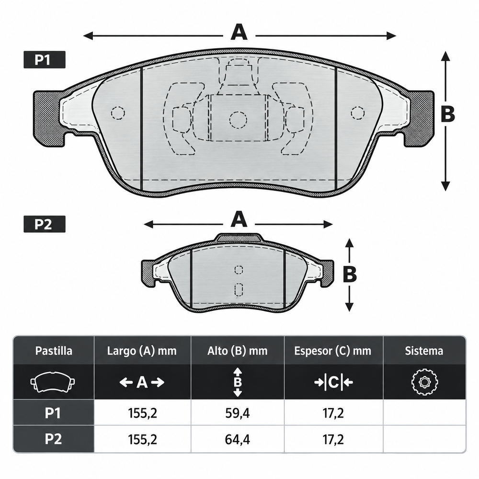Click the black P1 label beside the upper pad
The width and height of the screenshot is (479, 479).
[x=44, y=59]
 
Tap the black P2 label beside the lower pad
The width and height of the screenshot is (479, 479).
[x=44, y=224]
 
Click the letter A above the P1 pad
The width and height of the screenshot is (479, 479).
[x=239, y=32]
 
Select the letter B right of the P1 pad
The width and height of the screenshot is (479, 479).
[x=448, y=114]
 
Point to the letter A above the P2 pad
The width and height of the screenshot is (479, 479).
[x=239, y=219]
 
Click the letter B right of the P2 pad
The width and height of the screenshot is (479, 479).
[x=350, y=274]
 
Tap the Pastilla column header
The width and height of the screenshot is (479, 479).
[x=54, y=351]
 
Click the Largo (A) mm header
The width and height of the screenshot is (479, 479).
[x=142, y=351]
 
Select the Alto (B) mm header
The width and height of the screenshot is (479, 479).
[x=238, y=351]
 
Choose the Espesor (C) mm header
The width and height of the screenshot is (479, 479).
[x=333, y=351]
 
